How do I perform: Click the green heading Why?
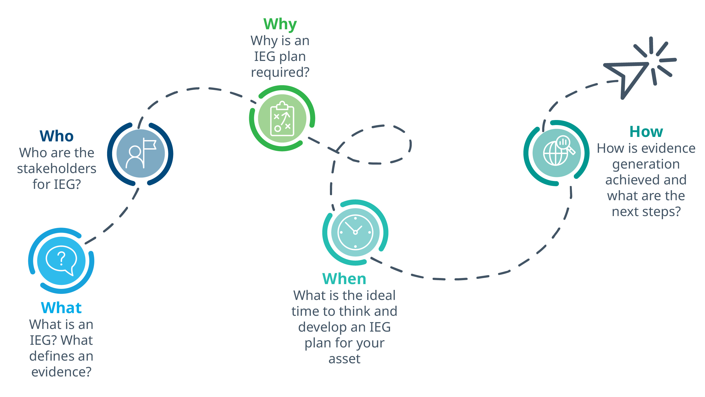[280, 24]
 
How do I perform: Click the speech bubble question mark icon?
[61, 261]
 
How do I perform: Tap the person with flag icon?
[141, 153]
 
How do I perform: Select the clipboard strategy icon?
[282, 118]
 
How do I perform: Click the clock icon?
[355, 232]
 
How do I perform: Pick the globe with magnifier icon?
[559, 151]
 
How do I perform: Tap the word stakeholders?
[57, 168]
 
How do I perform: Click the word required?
[280, 72]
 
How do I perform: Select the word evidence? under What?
[61, 372]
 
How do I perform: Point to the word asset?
[344, 359]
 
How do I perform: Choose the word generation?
[646, 164]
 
